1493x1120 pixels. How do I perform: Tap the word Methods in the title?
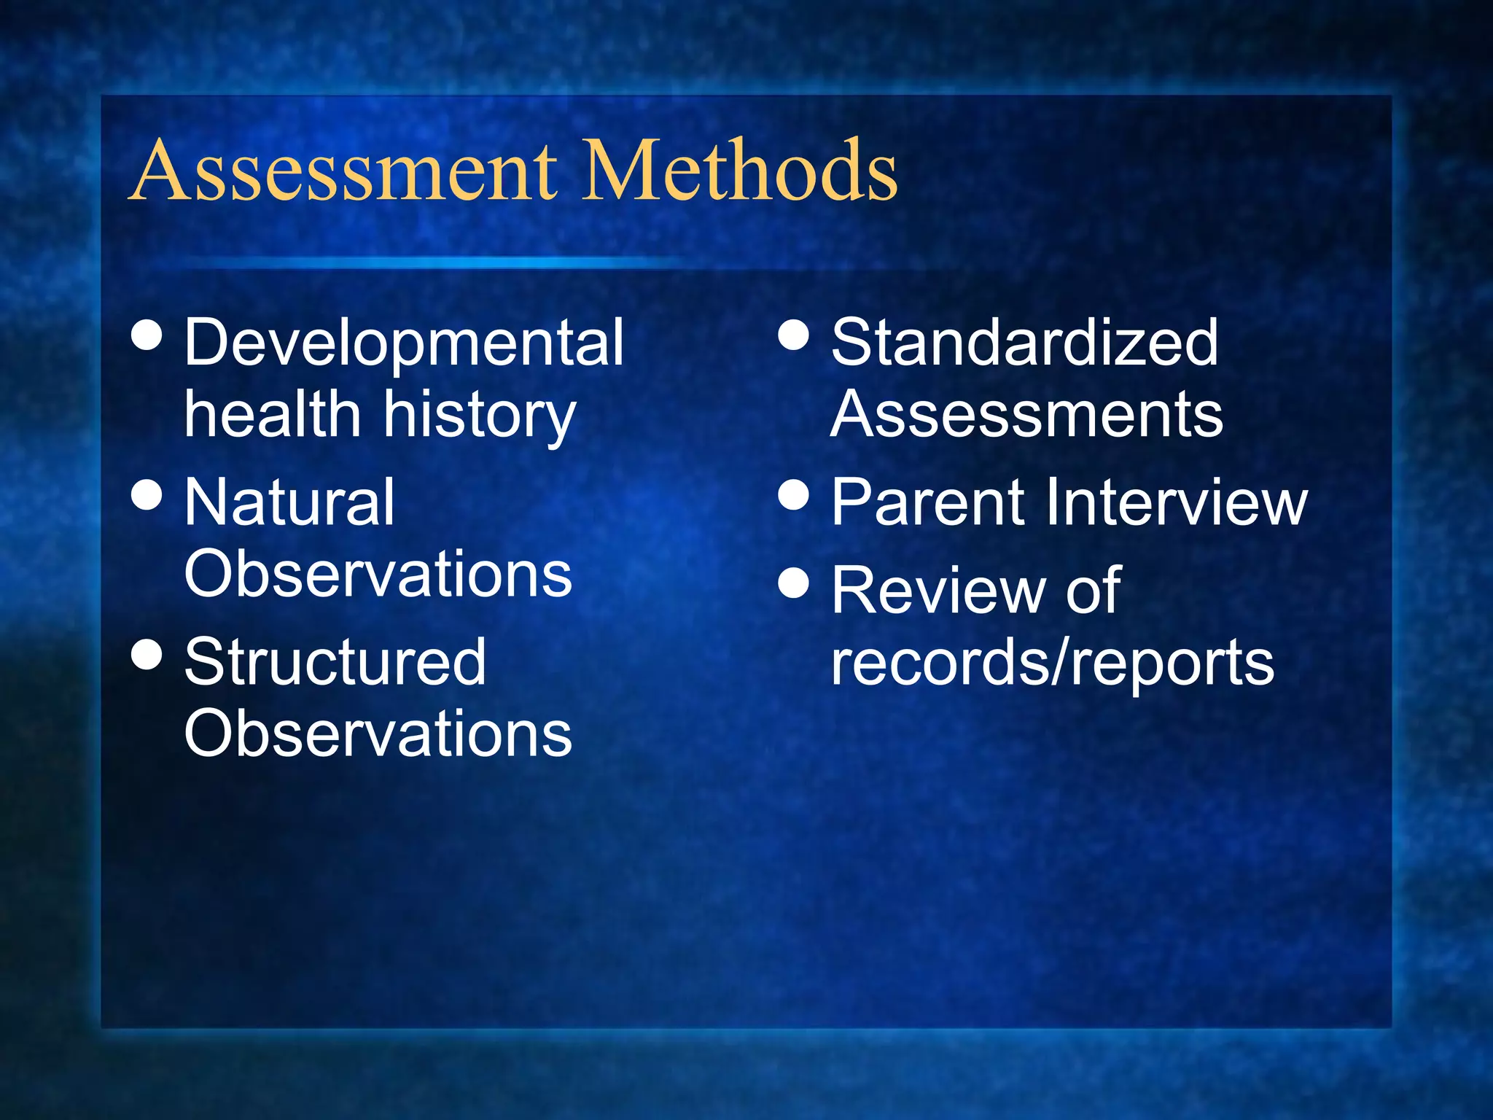(x=740, y=171)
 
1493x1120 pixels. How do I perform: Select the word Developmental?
(x=404, y=343)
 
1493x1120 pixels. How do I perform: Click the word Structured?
(x=335, y=661)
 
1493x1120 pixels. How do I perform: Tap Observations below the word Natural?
(x=378, y=574)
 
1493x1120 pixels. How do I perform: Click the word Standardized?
(x=1024, y=342)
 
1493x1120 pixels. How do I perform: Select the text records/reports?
(x=1053, y=663)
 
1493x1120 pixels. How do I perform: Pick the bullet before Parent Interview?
(x=794, y=494)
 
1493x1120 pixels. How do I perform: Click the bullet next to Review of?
(x=794, y=583)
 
